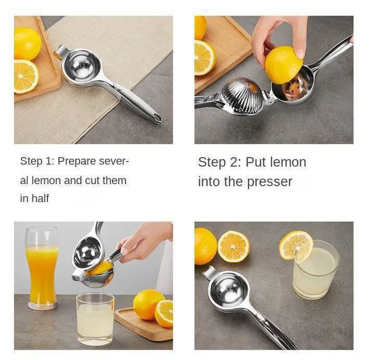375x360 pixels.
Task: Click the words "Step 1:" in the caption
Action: click(36, 161)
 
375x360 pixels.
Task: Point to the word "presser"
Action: click(269, 182)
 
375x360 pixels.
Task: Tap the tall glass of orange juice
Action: click(42, 268)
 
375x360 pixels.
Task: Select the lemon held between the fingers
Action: click(283, 65)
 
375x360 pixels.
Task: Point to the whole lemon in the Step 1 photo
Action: click(27, 44)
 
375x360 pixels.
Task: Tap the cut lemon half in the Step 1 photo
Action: click(26, 76)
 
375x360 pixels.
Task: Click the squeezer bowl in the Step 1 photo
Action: click(80, 65)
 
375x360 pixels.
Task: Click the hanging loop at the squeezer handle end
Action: click(157, 119)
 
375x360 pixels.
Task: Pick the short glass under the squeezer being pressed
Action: click(95, 319)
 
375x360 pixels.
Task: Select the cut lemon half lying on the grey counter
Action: click(233, 247)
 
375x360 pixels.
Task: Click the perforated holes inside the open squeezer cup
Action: click(292, 89)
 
